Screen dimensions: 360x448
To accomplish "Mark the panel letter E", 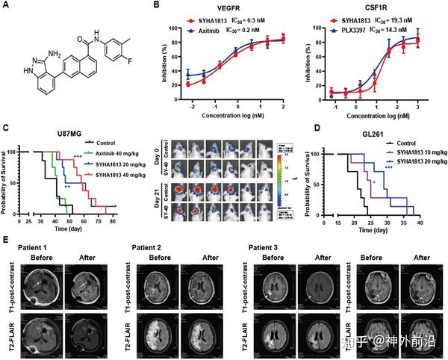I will (7, 240).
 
